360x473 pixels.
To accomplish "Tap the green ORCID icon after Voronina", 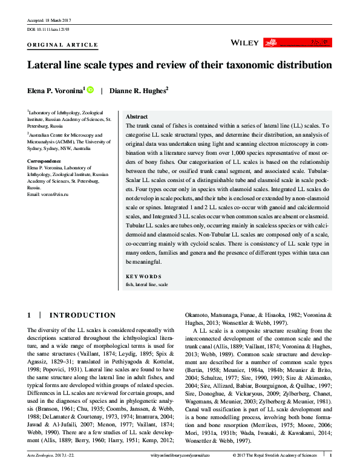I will (x=91, y=90).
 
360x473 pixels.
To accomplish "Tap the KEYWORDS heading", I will (x=144, y=276).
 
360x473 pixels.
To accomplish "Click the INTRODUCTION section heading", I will (x=82, y=315).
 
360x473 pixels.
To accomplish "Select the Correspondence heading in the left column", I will (x=44, y=161).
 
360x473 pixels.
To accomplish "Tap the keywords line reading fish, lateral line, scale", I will (x=147, y=283).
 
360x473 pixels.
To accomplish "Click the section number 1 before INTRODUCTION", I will (x=30, y=315).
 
